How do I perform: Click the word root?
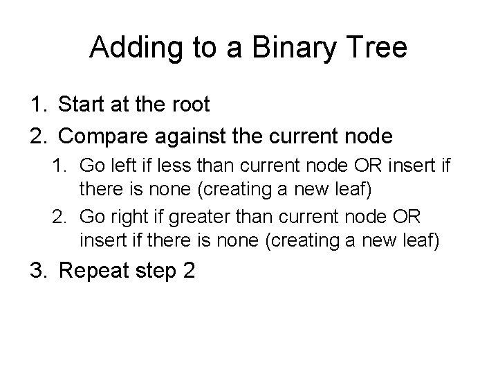click(188, 105)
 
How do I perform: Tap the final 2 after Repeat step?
click(189, 271)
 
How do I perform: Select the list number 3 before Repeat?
click(35, 271)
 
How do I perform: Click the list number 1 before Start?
click(35, 105)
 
